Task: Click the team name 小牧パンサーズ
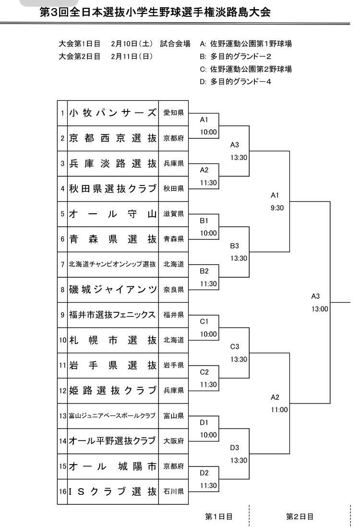tap(113, 113)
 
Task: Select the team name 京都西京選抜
tap(113, 138)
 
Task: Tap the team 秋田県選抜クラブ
tap(113, 188)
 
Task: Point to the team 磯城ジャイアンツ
tap(113, 289)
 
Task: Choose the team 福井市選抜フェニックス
tap(112, 315)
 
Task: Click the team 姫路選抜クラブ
tap(113, 390)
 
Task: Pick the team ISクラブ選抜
tap(113, 491)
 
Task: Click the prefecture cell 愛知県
tap(174, 113)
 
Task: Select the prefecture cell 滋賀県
tap(174, 214)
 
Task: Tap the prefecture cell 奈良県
tap(174, 289)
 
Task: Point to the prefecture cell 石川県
tap(174, 491)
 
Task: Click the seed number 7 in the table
tap(62, 265)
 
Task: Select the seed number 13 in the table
tap(62, 416)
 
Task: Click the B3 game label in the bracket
tap(234, 245)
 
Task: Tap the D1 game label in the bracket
tap(204, 422)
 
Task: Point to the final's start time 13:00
tap(320, 309)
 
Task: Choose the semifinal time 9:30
tap(277, 208)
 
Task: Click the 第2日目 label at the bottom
tap(300, 516)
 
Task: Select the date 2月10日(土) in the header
tap(132, 44)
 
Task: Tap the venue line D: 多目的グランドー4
tap(235, 82)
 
